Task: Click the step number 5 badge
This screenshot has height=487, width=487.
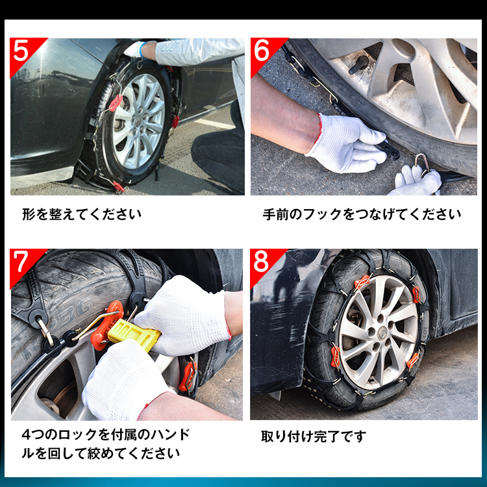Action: coord(21,51)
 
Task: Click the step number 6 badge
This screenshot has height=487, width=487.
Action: coord(262,51)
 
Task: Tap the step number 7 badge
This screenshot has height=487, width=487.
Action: coord(21,262)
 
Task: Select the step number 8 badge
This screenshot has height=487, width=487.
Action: coord(262,262)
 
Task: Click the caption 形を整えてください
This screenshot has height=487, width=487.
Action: coord(81,214)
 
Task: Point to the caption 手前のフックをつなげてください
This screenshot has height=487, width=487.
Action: coord(362,214)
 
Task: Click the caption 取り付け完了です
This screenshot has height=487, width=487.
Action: coord(314,436)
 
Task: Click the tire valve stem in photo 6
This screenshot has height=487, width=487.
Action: coord(359,64)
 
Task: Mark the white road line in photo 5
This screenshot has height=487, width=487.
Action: coord(213,123)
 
